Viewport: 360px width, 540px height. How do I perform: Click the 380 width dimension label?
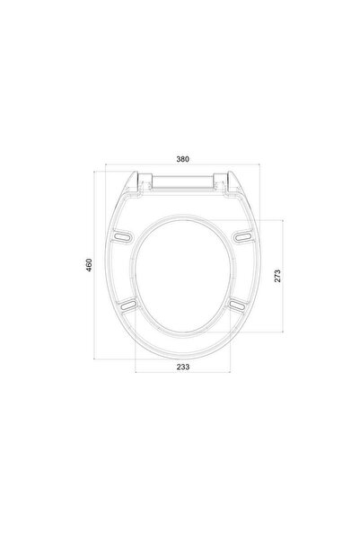click(183, 159)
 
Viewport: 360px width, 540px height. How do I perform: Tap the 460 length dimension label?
click(89, 265)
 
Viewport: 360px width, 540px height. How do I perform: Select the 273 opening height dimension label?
click(277, 276)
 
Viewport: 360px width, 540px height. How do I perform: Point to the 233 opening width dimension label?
click(183, 367)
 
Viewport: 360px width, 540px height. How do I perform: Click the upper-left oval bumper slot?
click(123, 236)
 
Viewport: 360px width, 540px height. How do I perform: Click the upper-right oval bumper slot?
click(244, 236)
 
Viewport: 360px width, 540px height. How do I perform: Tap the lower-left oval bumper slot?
click(127, 305)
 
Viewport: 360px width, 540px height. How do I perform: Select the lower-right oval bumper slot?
click(238, 305)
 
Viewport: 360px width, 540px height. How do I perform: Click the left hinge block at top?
click(145, 181)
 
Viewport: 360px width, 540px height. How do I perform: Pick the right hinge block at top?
click(220, 181)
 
